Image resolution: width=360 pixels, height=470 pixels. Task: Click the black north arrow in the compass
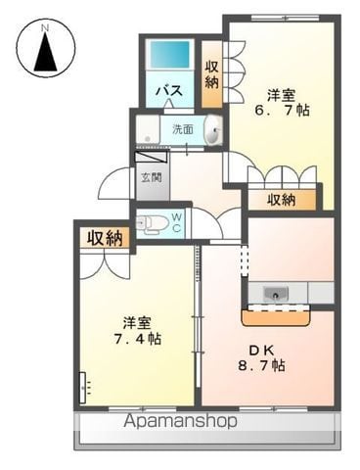point(46,52)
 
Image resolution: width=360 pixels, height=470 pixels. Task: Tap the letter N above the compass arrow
point(45,28)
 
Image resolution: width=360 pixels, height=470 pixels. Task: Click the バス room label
point(169,90)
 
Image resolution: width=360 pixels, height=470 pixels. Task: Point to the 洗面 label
point(183,129)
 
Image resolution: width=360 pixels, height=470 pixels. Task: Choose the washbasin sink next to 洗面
point(213,129)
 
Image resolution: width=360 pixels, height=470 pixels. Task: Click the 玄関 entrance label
point(152,177)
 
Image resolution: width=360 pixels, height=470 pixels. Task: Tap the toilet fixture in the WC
point(153,224)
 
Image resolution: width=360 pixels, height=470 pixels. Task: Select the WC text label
point(176,222)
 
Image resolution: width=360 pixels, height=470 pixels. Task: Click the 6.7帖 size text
point(282,111)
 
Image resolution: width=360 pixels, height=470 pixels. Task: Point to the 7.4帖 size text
point(137,339)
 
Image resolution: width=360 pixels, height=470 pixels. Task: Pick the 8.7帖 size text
point(261,365)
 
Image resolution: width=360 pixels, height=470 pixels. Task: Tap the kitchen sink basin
point(276,294)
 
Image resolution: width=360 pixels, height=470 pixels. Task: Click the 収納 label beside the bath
point(211,75)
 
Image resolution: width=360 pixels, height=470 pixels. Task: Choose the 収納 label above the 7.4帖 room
point(105,238)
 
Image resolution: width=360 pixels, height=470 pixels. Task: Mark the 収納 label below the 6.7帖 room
point(282,200)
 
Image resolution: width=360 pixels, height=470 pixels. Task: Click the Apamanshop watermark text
point(180,421)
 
